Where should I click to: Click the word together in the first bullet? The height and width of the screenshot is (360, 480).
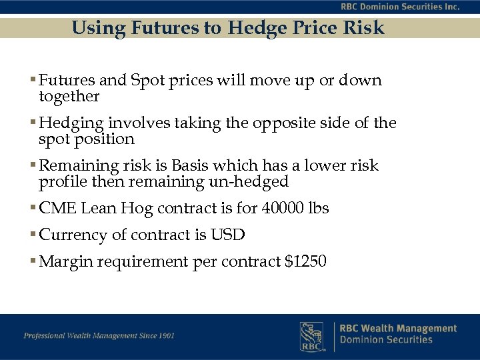pos(69,97)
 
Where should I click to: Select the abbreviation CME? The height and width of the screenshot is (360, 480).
pos(58,208)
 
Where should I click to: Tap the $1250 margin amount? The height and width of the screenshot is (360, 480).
pos(305,261)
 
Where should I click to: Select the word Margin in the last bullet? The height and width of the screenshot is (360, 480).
pos(66,261)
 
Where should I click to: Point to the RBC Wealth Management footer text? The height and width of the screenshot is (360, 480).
pos(398,328)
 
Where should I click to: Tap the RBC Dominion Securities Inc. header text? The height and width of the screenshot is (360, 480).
pos(399,7)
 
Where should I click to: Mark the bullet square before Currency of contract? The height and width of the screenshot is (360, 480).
pos(33,235)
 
